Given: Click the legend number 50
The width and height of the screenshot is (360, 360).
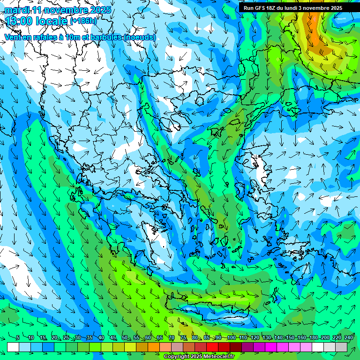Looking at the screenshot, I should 125,337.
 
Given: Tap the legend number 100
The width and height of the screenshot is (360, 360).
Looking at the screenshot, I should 231,337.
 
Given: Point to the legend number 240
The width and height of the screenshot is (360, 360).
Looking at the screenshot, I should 349,337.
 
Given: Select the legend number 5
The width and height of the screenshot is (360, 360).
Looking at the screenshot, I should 18,337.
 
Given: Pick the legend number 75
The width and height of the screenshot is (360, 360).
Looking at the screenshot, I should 183,337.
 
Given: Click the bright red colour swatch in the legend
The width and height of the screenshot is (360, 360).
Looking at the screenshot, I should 212,347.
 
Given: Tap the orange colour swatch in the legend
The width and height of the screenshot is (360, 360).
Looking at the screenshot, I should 154,347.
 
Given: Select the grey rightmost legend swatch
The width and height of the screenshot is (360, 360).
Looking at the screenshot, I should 341,347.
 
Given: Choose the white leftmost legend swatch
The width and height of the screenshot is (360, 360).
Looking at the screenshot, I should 13,347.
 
